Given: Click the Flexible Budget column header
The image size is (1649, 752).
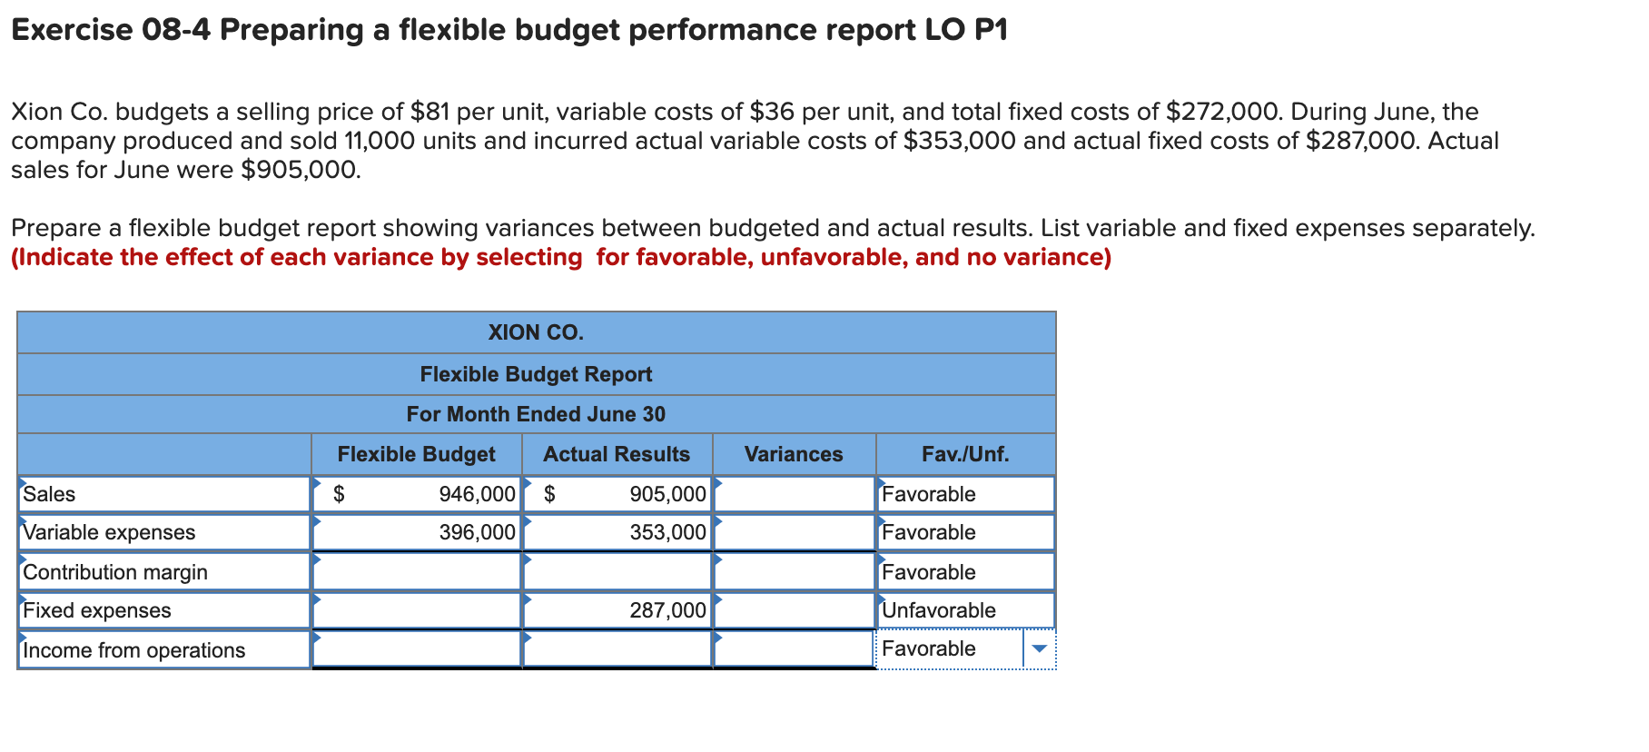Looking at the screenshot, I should coord(416,454).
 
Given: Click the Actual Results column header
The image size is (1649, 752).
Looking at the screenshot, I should coord(617,454).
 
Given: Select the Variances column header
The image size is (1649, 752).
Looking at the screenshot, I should coord(793,454).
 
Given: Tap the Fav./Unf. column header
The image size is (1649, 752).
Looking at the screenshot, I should coord(964,454).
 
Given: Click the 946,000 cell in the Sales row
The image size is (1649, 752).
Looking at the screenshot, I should coord(477,494).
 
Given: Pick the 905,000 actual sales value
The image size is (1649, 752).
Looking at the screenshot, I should coord(667,494).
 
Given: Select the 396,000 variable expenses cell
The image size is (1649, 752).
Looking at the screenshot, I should coord(477,532).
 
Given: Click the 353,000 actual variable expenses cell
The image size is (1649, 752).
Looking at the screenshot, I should coord(667,532).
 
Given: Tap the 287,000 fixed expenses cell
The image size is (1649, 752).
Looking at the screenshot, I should coord(667,610).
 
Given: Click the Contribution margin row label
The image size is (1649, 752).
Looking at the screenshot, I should coord(115,572).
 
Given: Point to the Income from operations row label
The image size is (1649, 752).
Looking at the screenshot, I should coord(134,650).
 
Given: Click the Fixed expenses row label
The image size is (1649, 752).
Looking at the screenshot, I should coord(97,610).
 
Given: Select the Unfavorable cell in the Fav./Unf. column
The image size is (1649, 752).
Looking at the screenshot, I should coord(939,610).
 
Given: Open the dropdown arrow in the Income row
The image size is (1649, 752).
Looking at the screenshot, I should coord(1040,648).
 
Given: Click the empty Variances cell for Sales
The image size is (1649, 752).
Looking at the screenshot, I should coord(794,494).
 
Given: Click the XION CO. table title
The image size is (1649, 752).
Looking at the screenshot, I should coord(536,332).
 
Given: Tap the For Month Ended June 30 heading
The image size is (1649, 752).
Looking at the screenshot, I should coord(536,414).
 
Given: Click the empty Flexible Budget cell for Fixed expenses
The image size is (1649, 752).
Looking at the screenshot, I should coord(416,610).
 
